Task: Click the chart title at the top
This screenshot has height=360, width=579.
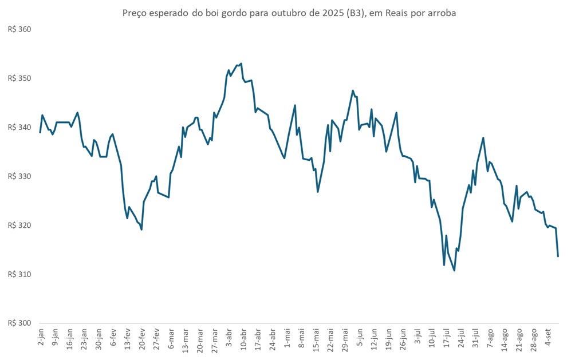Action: tap(289, 13)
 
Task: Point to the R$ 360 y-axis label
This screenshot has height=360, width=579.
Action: tap(19, 29)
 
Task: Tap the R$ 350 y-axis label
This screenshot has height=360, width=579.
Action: tap(19, 78)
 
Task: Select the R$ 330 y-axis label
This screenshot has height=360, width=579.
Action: tap(19, 176)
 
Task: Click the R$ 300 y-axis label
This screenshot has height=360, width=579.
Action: tap(19, 323)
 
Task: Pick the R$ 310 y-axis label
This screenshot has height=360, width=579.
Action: tap(19, 275)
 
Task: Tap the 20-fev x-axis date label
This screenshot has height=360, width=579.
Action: tap(141, 339)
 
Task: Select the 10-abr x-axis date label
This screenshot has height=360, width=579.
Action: tap(243, 339)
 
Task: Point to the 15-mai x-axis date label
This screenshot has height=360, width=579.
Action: tap(316, 339)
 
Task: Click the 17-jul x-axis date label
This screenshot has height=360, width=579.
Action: tap(446, 339)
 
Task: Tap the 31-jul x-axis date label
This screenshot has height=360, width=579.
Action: tap(475, 339)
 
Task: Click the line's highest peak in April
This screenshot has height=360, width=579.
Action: tap(241, 64)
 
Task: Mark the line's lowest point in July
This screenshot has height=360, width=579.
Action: tap(454, 270)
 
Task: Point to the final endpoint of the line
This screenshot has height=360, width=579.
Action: tap(558, 256)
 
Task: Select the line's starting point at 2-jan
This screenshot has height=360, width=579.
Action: tap(40, 132)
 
